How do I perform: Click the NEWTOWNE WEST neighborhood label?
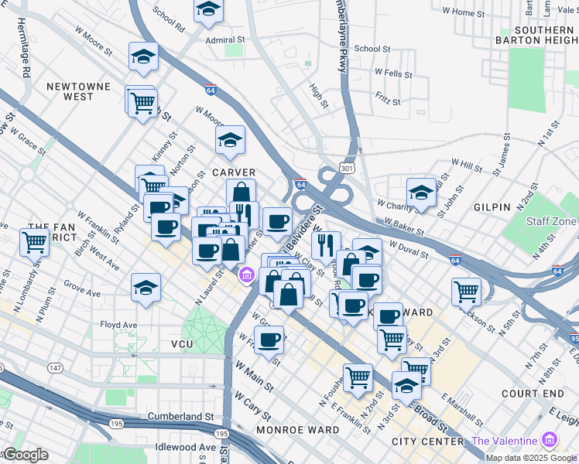coord(77,91)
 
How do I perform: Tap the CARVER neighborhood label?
coord(234,172)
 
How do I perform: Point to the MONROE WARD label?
coord(297,429)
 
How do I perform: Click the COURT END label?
coord(533,394)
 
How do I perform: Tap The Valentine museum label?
coord(505,440)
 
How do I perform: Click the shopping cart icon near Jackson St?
coord(466,291)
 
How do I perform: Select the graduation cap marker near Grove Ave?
coord(146,287)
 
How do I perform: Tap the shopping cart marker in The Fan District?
coord(34,241)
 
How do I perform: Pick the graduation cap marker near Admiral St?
coord(208,9)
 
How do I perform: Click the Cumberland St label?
coord(180,416)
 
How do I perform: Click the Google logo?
coord(25,455)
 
